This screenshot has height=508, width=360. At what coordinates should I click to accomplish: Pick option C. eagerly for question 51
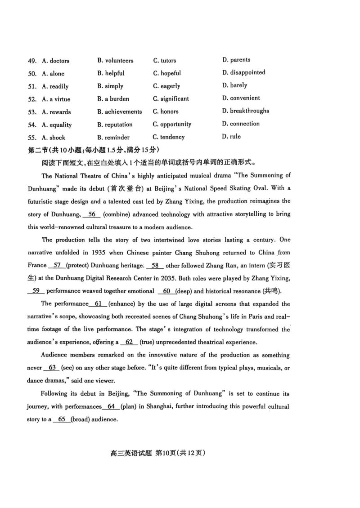coord(166,86)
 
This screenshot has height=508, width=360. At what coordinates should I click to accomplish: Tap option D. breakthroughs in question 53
coord(245,111)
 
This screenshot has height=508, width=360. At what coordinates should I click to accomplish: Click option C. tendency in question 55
coord(169,137)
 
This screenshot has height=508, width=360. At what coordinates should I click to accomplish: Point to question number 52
coord(32,99)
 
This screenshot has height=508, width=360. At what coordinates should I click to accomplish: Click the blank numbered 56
coord(92,214)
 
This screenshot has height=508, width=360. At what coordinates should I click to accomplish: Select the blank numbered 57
coord(57,265)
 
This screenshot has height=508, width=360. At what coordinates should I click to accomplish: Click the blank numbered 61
coord(99,304)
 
